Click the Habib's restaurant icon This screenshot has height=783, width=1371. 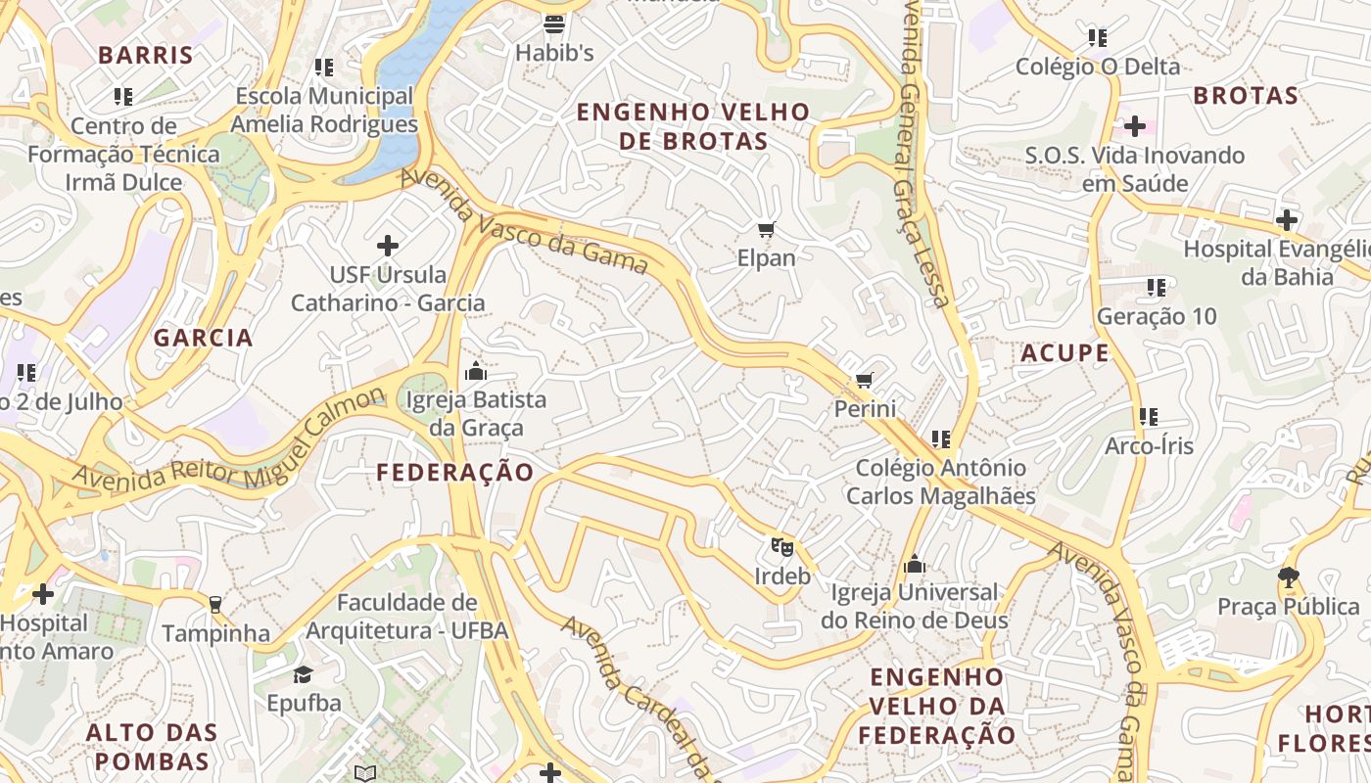554,23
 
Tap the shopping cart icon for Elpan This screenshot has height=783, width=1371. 767,230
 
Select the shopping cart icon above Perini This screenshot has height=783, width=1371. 864,380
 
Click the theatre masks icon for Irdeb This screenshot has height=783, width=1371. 780,546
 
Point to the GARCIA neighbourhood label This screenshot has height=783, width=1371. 203,339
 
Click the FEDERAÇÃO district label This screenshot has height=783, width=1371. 455,473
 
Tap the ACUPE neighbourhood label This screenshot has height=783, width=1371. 1064,353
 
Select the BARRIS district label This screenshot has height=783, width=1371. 146,55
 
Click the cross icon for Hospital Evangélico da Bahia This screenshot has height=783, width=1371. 1287,220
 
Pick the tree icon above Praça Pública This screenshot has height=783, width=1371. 1288,577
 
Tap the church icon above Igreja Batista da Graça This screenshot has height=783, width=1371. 476,371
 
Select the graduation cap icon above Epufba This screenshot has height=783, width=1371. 304,674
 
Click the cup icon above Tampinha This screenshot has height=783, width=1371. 215,604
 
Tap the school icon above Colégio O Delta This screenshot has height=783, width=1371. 1098,38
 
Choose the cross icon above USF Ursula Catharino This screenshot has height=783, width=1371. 388,246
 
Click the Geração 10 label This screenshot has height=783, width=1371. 1157,316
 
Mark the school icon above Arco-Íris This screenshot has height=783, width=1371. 1149,417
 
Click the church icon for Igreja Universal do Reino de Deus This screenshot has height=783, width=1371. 915,564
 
